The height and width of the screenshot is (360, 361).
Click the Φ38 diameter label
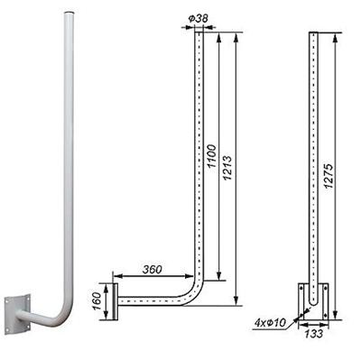[x=199, y=19]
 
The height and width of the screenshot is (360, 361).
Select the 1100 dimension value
[x=212, y=156]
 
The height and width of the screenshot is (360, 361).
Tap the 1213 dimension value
[x=227, y=168]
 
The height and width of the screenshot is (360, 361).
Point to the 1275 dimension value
[x=329, y=176]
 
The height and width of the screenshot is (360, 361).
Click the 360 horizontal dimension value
[x=153, y=270]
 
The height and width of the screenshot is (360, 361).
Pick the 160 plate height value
[x=97, y=301]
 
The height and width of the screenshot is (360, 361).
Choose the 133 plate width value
[x=314, y=334]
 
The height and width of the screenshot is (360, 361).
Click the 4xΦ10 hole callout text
[x=270, y=323]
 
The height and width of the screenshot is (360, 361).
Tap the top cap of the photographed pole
[x=69, y=13]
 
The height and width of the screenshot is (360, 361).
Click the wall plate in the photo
[x=17, y=314]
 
